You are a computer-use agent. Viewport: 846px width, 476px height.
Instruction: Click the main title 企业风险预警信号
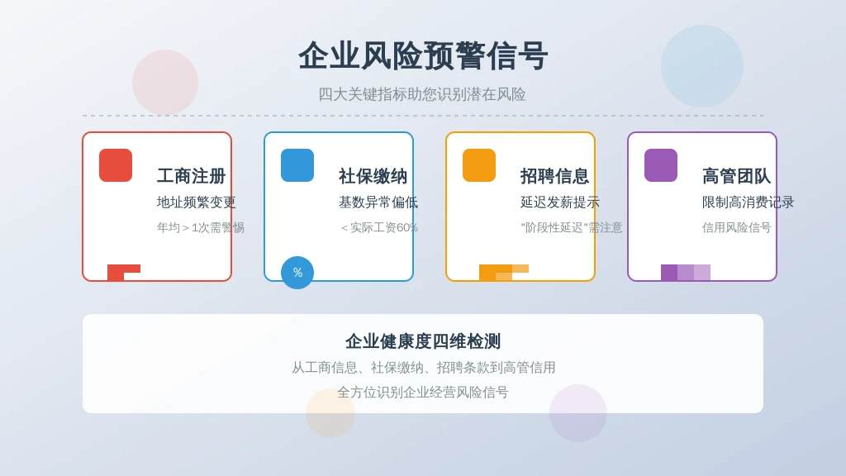[x=423, y=55]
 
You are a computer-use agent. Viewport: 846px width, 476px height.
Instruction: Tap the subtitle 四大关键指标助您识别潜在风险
[x=422, y=94]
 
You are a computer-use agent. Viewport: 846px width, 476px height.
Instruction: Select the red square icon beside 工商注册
[x=116, y=165]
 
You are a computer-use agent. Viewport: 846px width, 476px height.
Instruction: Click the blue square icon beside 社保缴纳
[x=297, y=165]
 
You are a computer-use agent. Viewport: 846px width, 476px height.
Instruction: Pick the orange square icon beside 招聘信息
[x=479, y=165]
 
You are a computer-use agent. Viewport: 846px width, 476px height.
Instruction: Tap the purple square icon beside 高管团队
[x=661, y=165]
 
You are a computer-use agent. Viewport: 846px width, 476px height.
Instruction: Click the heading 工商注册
[x=191, y=176]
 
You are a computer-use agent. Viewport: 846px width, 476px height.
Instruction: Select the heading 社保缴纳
[x=373, y=176]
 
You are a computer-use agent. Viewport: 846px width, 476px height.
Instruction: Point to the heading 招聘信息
[x=554, y=176]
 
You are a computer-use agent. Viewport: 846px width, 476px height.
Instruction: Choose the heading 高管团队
[x=736, y=176]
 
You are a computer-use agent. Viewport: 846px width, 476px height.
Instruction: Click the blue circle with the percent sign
[x=297, y=273]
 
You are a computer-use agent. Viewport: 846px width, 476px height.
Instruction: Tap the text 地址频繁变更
[x=197, y=202]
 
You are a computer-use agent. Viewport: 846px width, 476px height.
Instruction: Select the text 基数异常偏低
[x=378, y=202]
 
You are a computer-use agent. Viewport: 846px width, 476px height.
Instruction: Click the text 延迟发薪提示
[x=560, y=202]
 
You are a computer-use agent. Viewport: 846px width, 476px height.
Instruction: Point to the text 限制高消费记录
[x=749, y=202]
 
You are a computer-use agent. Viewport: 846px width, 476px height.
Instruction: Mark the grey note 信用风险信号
[x=736, y=228]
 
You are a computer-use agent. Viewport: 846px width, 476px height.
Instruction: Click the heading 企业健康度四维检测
[x=423, y=341]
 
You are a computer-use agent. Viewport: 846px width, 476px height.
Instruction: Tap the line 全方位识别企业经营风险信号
[x=423, y=393]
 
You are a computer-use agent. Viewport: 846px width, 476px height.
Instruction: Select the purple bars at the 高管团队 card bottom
[x=686, y=273]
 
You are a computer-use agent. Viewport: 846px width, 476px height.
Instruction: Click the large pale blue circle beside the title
[x=702, y=66]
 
